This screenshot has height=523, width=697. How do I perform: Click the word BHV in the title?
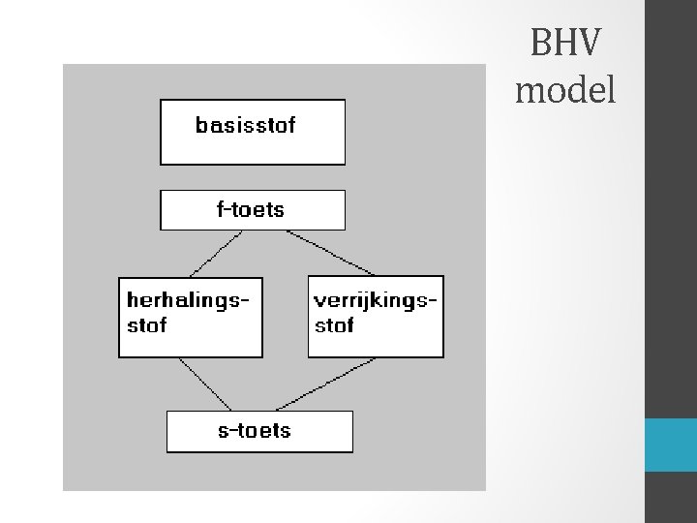565,44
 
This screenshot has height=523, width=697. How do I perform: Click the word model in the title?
565,90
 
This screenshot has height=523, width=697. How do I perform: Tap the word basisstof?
245,125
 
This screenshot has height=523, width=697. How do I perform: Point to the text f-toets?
250,209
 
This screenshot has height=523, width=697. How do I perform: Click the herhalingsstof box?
190,339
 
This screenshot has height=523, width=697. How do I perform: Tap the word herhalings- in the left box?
188,300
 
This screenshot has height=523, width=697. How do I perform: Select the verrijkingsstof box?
376,339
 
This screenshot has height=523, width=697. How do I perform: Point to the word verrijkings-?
376,300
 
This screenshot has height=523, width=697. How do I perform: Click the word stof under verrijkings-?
334,325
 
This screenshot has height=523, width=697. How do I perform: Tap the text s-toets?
254,431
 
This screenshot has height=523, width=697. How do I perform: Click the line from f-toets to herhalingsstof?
215,253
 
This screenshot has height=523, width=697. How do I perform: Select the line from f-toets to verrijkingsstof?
331,253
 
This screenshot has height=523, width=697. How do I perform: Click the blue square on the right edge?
670,446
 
